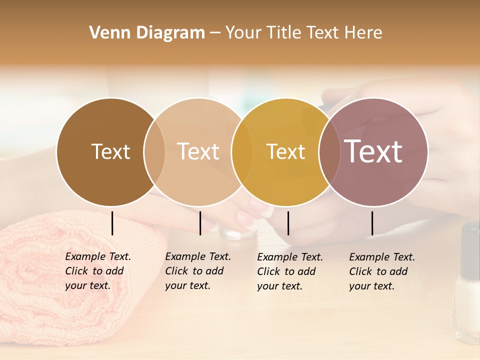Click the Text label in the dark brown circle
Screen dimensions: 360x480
110,151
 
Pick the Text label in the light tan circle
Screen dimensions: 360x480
198,151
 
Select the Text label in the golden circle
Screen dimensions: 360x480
285,151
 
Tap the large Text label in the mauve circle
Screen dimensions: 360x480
373,151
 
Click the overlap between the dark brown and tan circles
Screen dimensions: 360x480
154,152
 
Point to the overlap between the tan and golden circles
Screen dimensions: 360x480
242,152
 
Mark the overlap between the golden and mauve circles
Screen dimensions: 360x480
329,152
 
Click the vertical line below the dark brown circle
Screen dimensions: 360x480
112,223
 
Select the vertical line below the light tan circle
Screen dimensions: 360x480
200,223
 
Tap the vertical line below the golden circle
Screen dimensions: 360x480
288,223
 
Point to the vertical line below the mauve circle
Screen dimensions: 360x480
372,223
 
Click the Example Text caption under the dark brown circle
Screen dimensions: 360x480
97,271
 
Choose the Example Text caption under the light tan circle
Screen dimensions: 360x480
197,271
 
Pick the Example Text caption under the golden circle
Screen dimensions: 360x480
289,271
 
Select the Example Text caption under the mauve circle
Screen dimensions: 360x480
381,271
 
